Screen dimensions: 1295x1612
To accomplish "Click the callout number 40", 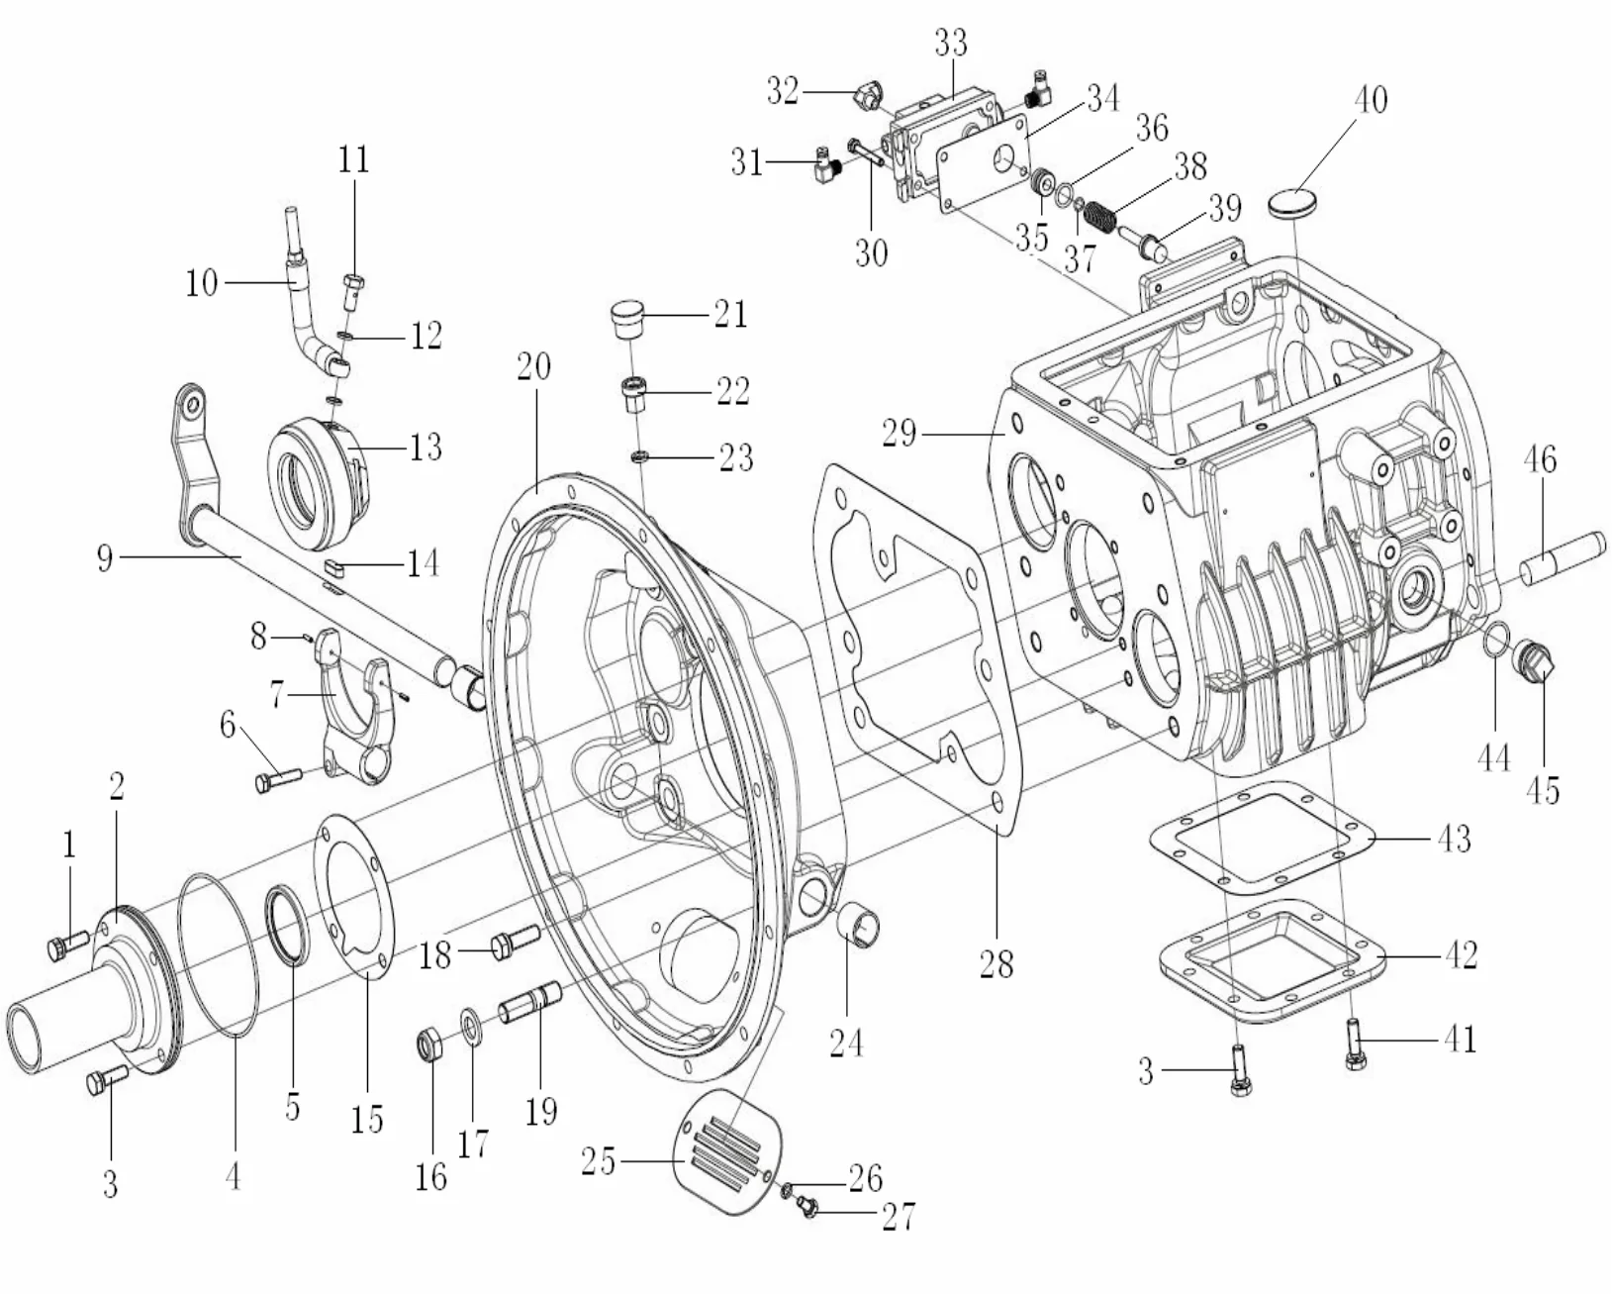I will click(1370, 100).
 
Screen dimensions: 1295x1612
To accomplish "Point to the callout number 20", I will click(533, 367).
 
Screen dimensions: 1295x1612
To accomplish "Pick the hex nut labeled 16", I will click(429, 1043).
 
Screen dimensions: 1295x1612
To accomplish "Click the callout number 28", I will click(996, 962).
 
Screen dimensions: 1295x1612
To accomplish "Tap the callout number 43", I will click(1453, 839).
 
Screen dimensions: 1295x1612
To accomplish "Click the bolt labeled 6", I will click(277, 781).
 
